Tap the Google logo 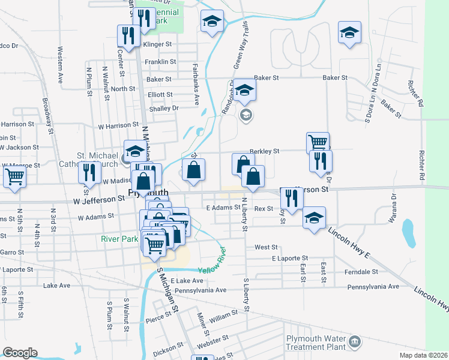[x=20, y=352]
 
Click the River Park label [x=119, y=238]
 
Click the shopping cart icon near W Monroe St [x=14, y=177]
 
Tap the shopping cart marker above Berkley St [x=318, y=143]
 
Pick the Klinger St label [x=157, y=44]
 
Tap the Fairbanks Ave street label [x=196, y=85]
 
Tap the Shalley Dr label [x=163, y=108]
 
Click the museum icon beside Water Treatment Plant [x=355, y=341]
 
